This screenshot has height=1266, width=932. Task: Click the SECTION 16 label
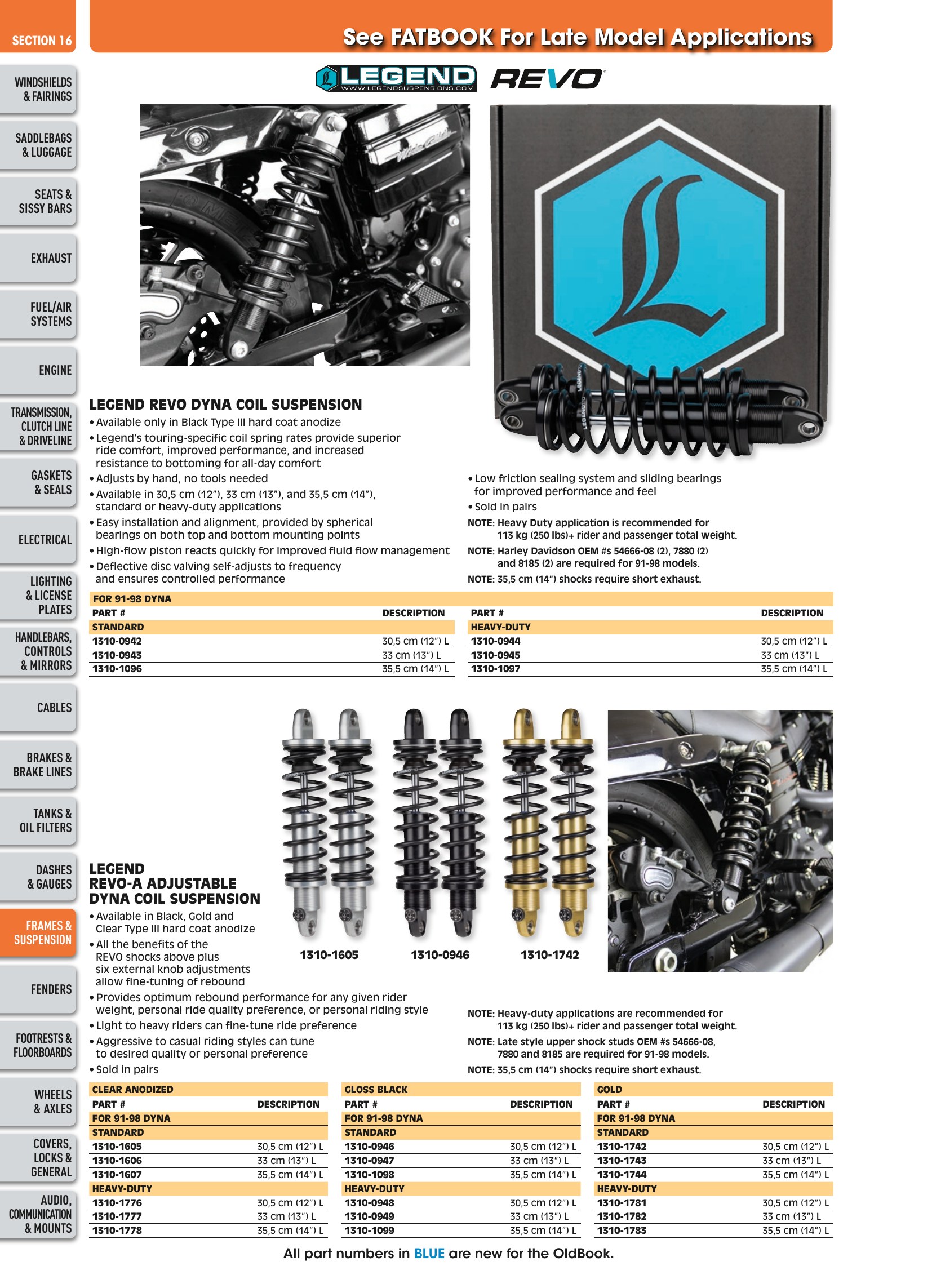tap(42, 41)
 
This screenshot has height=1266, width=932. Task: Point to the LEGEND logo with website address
tap(396, 78)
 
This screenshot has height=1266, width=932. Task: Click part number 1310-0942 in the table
tap(117, 641)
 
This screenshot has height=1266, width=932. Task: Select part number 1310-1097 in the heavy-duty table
tap(495, 669)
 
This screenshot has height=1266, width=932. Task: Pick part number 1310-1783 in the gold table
tap(622, 1231)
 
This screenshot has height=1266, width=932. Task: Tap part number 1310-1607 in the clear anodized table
tap(117, 1175)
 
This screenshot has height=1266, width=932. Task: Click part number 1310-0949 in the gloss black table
tap(370, 1216)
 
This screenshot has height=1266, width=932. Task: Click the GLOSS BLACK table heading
tap(376, 1090)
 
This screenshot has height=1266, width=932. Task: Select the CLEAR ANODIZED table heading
tap(132, 1090)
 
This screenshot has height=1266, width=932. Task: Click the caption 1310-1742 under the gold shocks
tap(549, 954)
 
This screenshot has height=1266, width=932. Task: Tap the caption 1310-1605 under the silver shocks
tap(329, 954)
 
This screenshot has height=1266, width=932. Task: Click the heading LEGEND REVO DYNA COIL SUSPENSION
tap(225, 405)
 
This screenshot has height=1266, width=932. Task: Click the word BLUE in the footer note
tap(429, 1254)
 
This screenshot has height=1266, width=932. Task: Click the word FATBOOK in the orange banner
tap(442, 37)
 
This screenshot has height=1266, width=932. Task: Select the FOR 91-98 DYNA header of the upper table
tap(132, 598)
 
